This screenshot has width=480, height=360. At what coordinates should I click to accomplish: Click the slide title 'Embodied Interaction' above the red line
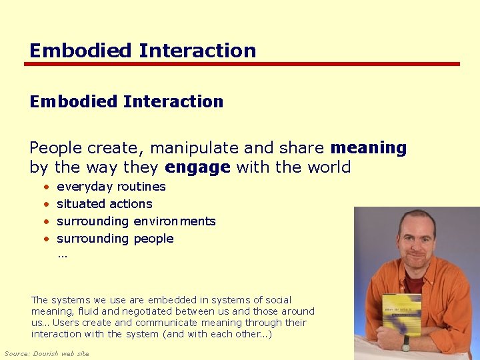click(x=143, y=51)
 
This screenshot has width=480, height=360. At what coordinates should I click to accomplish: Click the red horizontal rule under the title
click(x=241, y=65)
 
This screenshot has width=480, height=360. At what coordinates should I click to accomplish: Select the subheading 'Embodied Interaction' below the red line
click(x=126, y=101)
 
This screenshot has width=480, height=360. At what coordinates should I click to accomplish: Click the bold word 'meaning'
click(x=368, y=147)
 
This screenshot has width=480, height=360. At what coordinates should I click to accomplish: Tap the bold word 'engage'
click(x=198, y=167)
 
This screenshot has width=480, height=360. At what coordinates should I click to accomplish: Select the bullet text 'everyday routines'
click(x=111, y=187)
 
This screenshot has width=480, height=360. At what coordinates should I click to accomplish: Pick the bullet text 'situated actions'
click(x=104, y=204)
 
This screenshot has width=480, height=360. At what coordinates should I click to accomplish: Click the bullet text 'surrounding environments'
click(x=136, y=221)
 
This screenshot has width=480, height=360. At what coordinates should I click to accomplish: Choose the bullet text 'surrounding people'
click(x=115, y=239)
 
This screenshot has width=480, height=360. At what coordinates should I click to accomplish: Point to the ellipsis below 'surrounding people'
click(x=62, y=255)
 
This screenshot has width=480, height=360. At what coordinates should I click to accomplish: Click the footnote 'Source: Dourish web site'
click(x=47, y=353)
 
